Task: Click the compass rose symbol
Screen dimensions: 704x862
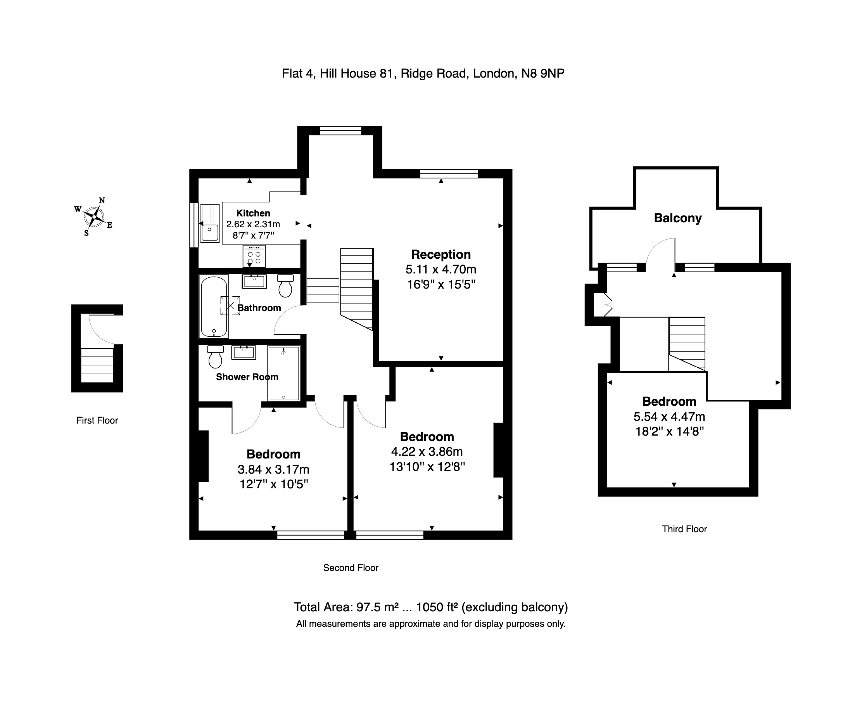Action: click(94, 217)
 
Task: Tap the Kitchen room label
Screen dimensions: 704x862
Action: click(253, 213)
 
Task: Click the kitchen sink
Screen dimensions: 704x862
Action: click(210, 223)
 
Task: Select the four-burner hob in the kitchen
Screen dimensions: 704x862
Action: click(254, 256)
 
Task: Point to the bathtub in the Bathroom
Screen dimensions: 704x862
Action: click(214, 306)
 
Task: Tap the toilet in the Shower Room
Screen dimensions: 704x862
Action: click(215, 356)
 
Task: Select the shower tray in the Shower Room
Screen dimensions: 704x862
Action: click(283, 373)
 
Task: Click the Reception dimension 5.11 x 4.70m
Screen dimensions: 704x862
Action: click(441, 269)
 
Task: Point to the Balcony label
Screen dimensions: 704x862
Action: click(677, 218)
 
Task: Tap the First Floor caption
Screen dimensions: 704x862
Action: click(97, 420)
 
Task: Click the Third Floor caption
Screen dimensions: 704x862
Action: click(684, 529)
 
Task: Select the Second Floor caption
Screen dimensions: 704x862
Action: click(350, 568)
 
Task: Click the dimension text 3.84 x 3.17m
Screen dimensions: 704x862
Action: click(273, 470)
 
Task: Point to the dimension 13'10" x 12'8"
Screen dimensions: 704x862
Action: click(427, 467)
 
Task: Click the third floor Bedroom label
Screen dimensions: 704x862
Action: click(669, 401)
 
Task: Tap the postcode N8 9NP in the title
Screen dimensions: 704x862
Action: click(542, 73)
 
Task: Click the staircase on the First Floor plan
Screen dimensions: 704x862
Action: click(97, 365)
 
